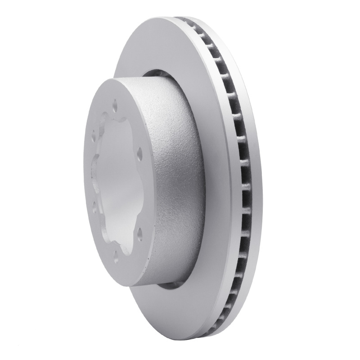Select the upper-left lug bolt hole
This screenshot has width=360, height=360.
pos(94,134)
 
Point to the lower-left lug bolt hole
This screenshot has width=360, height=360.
pos(94,204)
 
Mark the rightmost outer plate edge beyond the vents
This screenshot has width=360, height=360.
pos(253,180)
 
